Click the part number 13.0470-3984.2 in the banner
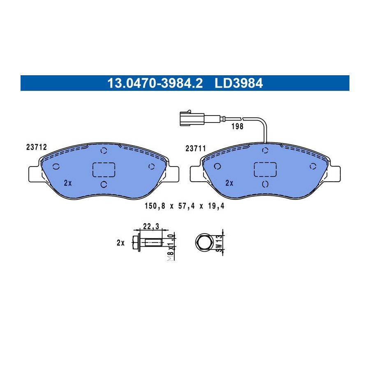(155, 83)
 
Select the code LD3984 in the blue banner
(238, 83)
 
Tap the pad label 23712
(37, 147)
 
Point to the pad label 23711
(196, 148)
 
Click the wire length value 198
(237, 127)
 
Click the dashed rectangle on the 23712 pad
(104, 170)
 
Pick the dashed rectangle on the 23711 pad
(265, 169)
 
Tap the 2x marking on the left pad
(68, 183)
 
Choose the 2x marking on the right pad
(229, 183)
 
